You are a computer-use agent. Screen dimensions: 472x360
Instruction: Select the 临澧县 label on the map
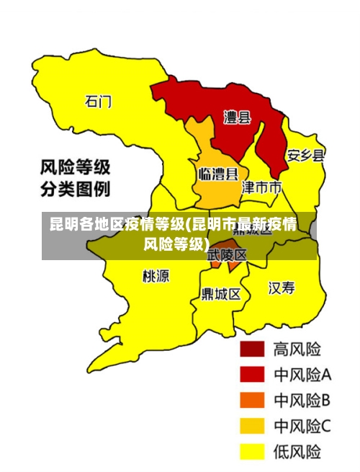click(217, 174)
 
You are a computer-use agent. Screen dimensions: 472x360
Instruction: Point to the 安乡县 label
click(306, 156)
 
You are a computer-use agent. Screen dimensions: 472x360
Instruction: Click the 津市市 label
click(261, 188)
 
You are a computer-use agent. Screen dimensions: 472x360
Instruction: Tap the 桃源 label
click(156, 276)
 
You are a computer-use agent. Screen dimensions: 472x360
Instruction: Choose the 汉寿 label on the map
click(282, 288)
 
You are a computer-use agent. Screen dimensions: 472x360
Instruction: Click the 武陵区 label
click(227, 254)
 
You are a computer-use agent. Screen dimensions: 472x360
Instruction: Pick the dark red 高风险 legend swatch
click(252, 349)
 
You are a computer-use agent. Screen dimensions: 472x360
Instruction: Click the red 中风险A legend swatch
click(252, 374)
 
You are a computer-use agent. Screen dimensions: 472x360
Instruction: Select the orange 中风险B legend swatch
click(252, 400)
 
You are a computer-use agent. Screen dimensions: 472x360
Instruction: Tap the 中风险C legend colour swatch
click(252, 426)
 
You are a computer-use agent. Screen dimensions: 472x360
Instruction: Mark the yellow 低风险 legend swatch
click(252, 452)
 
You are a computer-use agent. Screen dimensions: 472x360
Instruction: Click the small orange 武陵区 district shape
click(232, 264)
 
